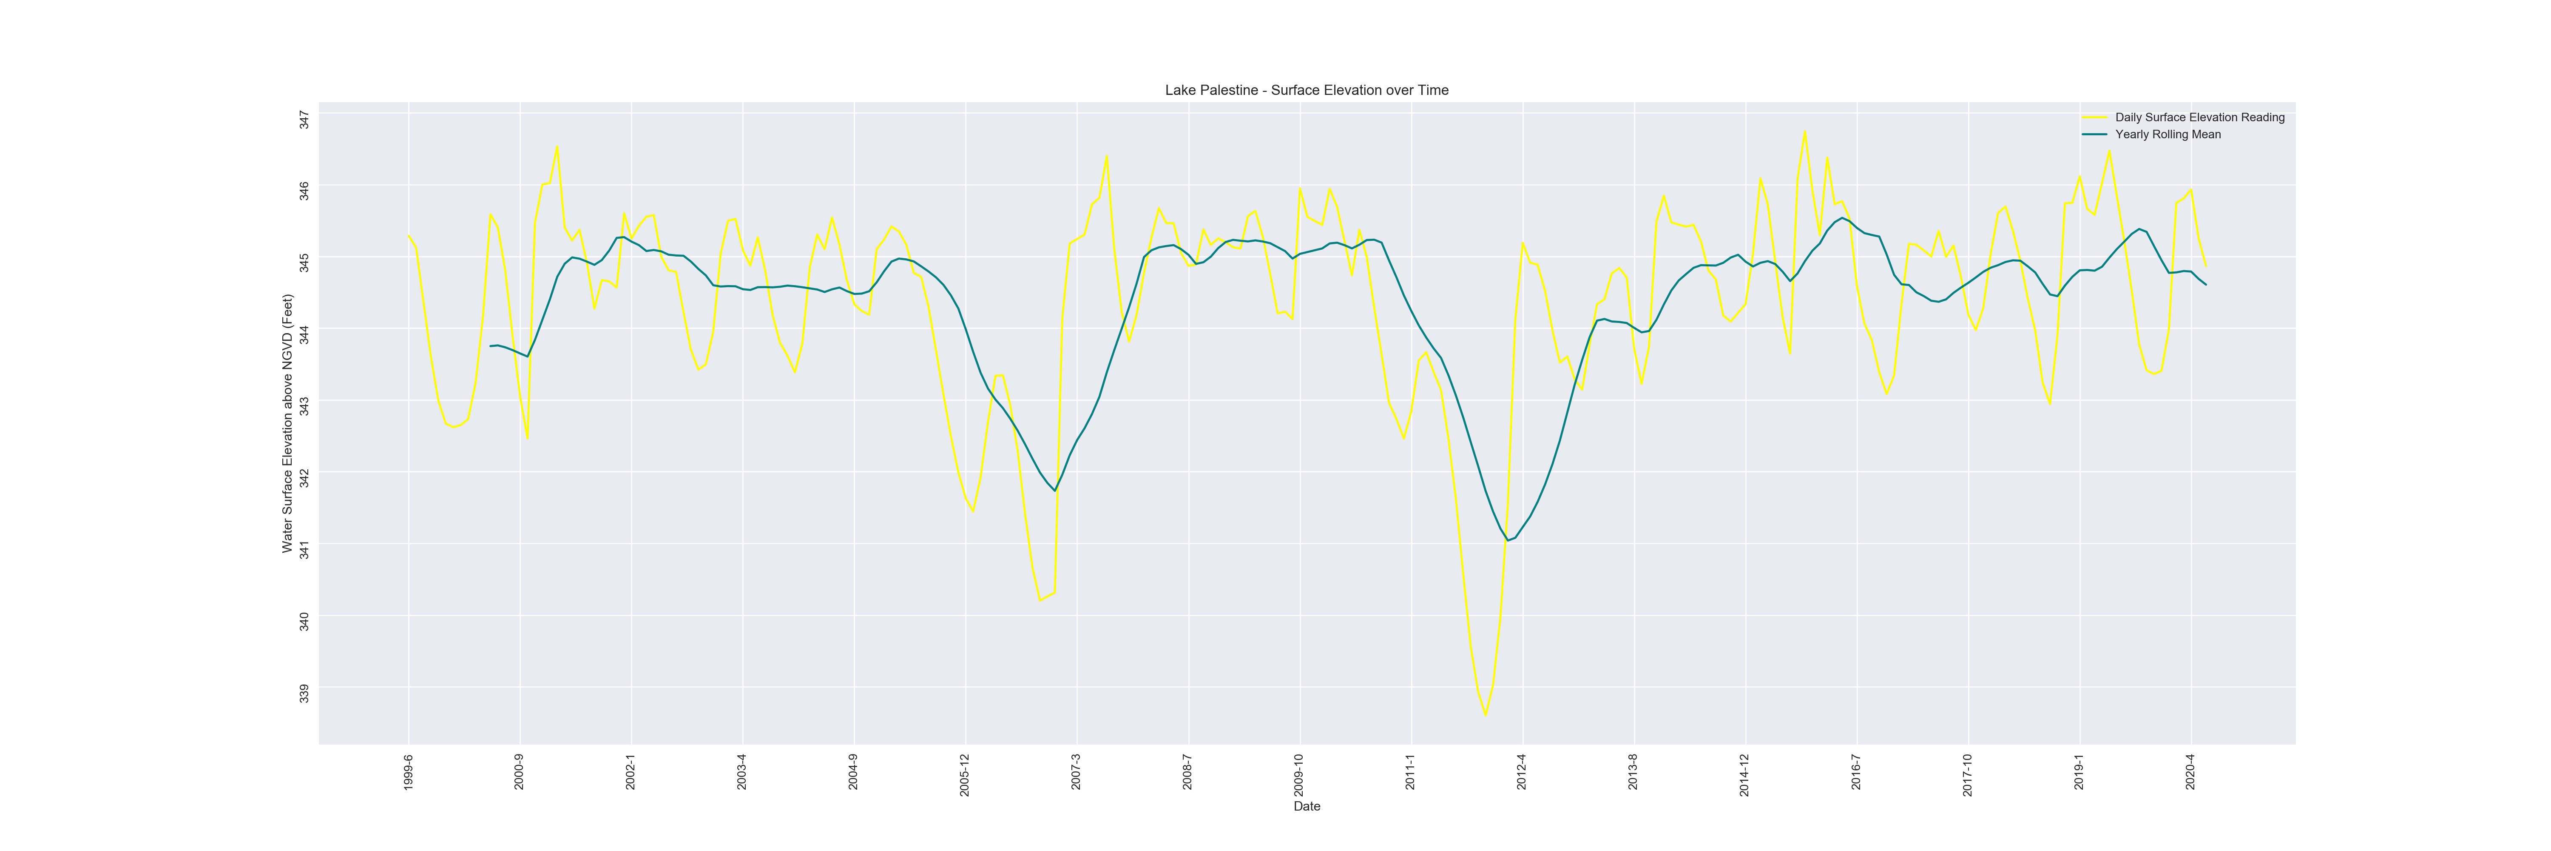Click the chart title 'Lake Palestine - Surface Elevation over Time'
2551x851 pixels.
1306,90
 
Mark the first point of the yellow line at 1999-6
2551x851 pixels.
408,235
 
